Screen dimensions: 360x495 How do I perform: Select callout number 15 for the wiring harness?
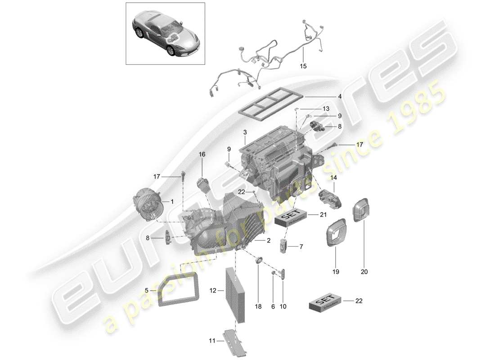pos(303,66)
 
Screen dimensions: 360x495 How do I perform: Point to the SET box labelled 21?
pos(291,218)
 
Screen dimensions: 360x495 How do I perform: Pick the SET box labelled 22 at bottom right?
pos(326,304)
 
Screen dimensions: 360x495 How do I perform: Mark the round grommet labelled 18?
pos(259,260)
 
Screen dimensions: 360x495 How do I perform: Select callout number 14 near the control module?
pos(333,178)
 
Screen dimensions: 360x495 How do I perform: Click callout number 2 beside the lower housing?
pos(268,241)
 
